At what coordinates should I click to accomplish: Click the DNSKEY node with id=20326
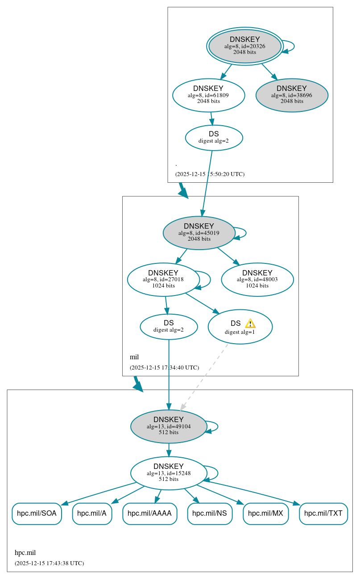[244, 46]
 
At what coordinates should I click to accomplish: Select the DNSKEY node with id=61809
[208, 95]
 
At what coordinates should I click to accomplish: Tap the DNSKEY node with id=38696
[292, 95]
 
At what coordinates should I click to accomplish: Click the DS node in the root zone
[214, 137]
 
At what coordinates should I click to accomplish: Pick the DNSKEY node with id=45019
[199, 233]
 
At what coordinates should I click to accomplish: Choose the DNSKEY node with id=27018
[163, 279]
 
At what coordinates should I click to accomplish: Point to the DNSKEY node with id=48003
[257, 279]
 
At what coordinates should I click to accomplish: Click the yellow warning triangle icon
[250, 324]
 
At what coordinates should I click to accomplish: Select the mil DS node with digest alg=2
[169, 326]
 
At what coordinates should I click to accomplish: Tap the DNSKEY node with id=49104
[169, 426]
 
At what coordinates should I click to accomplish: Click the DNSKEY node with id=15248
[169, 473]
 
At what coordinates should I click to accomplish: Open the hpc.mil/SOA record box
[37, 513]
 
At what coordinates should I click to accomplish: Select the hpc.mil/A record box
[92, 513]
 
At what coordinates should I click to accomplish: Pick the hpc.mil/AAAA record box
[149, 513]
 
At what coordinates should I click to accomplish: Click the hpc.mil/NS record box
[210, 513]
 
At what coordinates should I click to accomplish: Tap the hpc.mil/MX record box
[265, 513]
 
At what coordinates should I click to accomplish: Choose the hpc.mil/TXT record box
[323, 513]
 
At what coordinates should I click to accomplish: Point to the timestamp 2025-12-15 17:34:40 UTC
[164, 368]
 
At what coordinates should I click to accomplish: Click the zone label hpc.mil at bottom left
[25, 553]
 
